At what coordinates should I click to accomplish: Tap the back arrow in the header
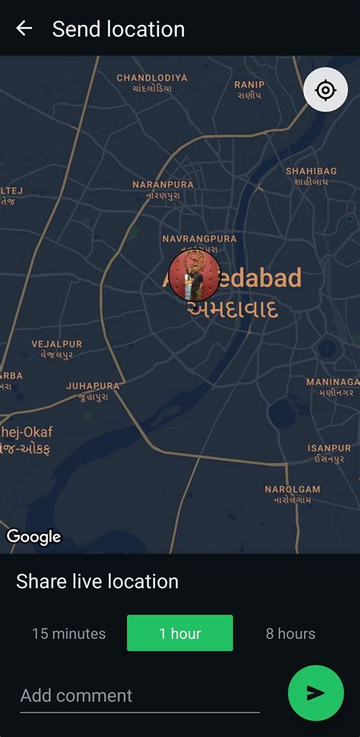point(24,29)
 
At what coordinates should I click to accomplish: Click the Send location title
point(118,29)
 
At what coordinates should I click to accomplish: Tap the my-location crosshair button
point(325,91)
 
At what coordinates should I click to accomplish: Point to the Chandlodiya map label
point(152,83)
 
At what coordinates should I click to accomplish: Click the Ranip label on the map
point(249,90)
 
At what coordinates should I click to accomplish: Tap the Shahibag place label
point(311,176)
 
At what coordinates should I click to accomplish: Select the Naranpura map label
point(163,190)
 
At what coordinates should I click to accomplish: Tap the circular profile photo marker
point(194,274)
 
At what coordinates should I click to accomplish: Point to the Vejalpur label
point(57,349)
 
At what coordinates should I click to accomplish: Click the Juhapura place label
point(93,391)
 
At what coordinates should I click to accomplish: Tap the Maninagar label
point(333,387)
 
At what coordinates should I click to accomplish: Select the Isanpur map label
point(329,454)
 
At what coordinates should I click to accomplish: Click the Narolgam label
point(292,494)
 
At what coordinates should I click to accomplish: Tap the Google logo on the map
point(34,537)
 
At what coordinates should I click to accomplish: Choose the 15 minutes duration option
point(68,633)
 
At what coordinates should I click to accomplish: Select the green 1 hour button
point(179,633)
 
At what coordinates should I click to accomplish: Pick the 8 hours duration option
point(290,633)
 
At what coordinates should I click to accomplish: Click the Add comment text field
point(140,695)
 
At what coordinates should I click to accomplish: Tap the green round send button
point(316,692)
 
